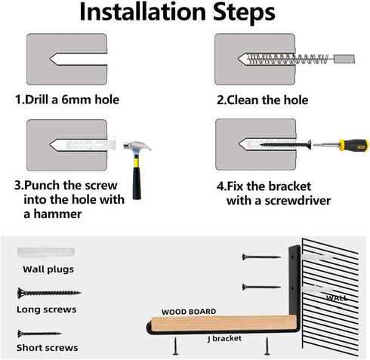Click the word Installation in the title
pos(143,12)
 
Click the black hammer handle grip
pos(137,183)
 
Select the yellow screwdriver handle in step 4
pos(353,145)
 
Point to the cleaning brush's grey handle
pos(344,59)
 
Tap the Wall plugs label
pos(48,269)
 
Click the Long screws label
pos(47,309)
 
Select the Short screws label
pos(48,348)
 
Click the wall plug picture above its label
pos(46,252)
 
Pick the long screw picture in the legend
pos(49,293)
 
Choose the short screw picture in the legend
pos(39,334)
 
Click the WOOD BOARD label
pos(189,312)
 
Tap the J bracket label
pos(225,339)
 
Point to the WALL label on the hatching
pos(337,298)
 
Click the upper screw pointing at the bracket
pos(261,257)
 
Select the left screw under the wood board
pos(176,346)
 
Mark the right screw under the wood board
pos(267,346)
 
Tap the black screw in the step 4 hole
pos(285,145)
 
